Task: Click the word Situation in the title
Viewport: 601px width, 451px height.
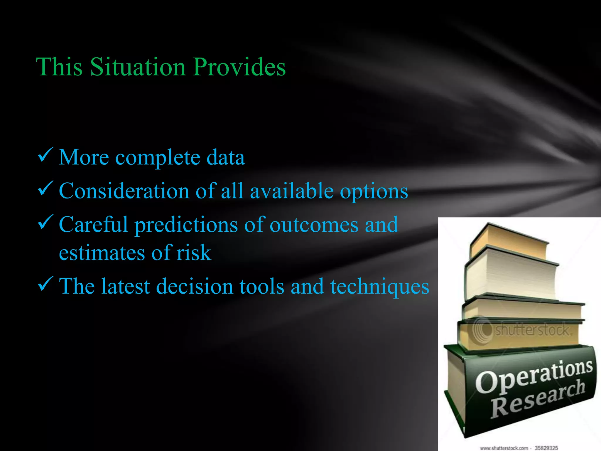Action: coord(138,67)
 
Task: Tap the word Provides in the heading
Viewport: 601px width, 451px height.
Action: coord(239,67)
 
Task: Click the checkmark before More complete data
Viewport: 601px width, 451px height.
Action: coord(45,155)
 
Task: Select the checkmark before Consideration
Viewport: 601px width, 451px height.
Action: coord(45,189)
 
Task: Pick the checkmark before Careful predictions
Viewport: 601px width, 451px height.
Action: coord(45,222)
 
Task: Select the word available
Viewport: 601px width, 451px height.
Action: coord(292,191)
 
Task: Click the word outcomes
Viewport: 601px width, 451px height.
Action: coord(314,225)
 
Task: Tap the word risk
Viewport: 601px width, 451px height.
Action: coord(194,253)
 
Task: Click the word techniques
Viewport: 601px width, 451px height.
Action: coord(380,287)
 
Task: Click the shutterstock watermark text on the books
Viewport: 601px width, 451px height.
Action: coord(533,329)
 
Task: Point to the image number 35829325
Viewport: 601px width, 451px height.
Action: coord(546,448)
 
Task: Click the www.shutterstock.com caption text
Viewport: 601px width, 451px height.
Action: coord(504,448)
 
